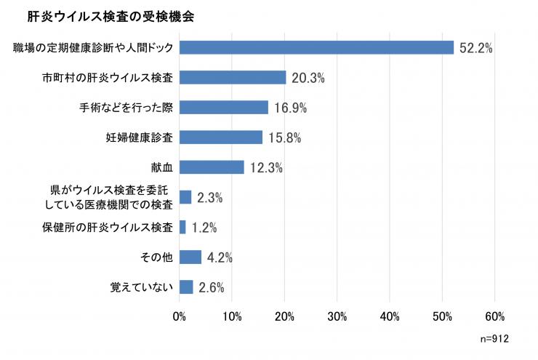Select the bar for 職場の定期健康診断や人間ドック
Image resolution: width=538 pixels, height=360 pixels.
(x=316, y=47)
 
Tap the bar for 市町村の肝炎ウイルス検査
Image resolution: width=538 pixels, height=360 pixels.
(x=233, y=77)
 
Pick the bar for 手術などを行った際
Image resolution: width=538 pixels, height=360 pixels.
(x=224, y=107)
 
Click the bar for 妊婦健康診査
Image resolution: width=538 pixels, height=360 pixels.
(x=221, y=137)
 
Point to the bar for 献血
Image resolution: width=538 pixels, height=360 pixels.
(x=212, y=167)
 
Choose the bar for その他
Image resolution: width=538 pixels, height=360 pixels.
(x=190, y=257)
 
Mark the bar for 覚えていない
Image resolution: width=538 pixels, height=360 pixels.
(x=186, y=287)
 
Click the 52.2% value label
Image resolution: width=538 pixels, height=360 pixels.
(x=476, y=48)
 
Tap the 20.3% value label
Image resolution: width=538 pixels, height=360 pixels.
(x=308, y=78)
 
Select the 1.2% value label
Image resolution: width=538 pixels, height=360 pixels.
(x=204, y=228)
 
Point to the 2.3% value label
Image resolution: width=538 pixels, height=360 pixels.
(x=209, y=198)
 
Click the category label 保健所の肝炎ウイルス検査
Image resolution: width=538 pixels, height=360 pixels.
(x=108, y=227)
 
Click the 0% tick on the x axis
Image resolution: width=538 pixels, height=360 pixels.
(x=180, y=316)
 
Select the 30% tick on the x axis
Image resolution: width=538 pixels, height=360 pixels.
(x=337, y=316)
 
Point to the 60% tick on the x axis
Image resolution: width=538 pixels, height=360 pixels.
(x=495, y=316)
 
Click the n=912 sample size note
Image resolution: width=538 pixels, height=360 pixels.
(x=494, y=339)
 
